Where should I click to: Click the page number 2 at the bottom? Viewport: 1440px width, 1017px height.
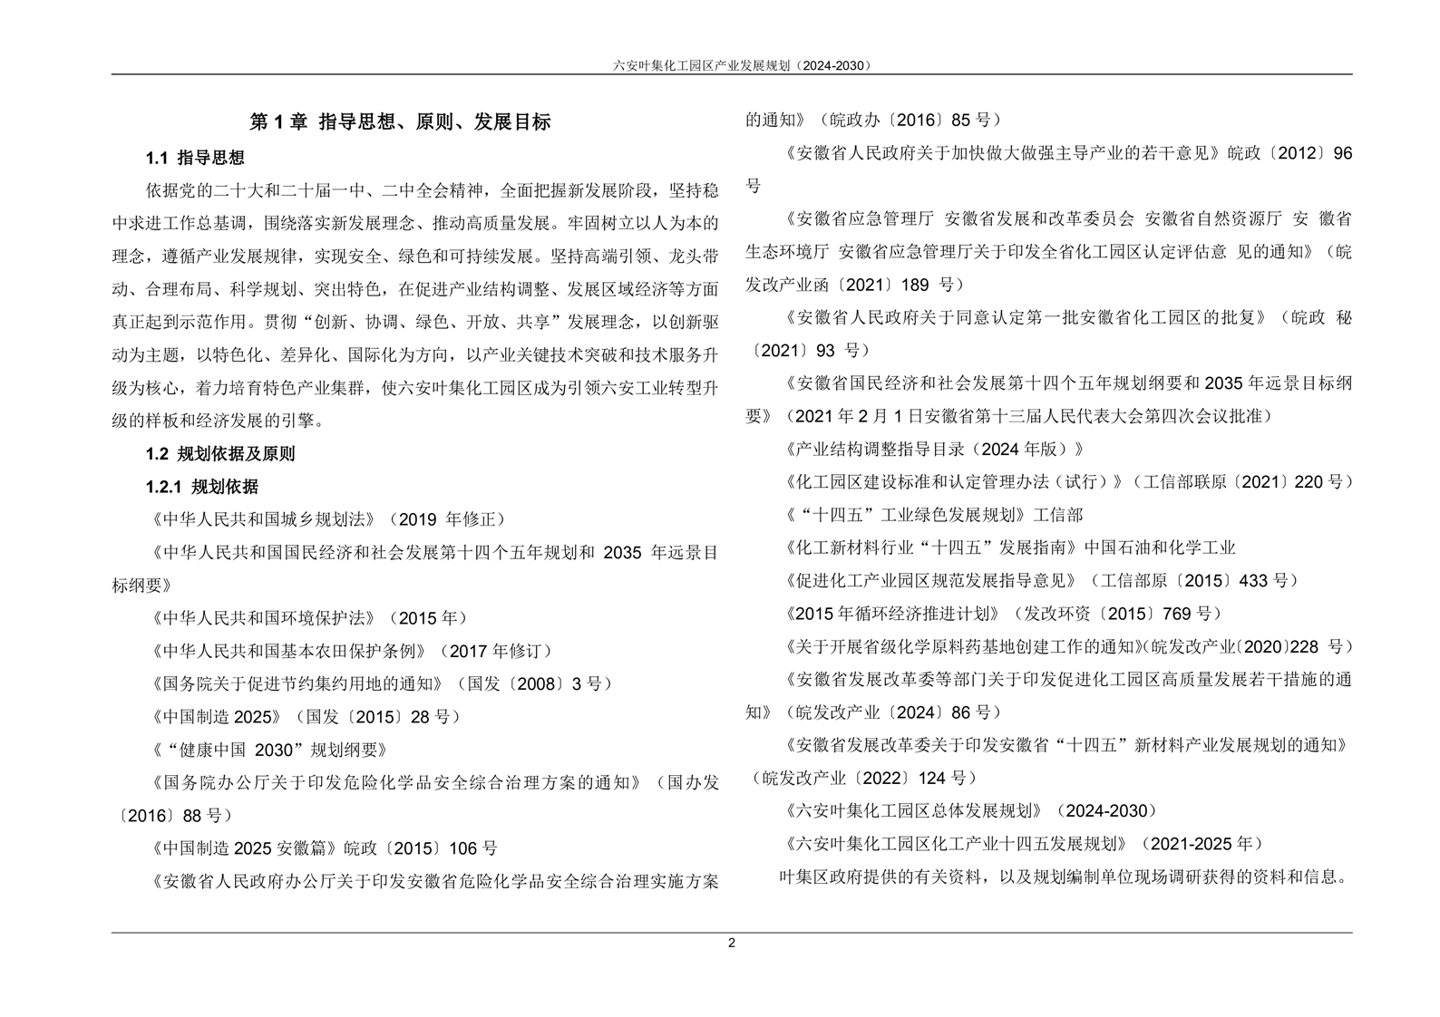(732, 943)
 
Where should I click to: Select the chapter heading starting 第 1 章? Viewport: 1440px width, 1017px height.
(400, 121)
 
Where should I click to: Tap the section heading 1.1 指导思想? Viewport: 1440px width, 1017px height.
(195, 158)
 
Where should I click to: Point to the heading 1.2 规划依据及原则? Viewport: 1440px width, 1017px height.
(220, 454)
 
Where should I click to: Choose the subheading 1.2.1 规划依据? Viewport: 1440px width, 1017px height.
(201, 487)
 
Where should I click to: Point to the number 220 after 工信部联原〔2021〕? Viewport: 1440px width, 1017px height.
(1309, 482)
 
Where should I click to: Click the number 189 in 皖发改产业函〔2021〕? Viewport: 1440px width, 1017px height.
(915, 285)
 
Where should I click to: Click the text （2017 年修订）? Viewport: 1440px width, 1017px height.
(495, 651)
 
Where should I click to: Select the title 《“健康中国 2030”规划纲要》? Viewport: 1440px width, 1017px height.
(269, 750)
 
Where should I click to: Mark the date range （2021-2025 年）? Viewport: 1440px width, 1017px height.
(1202, 844)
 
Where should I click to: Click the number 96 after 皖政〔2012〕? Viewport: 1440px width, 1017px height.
(1342, 153)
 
